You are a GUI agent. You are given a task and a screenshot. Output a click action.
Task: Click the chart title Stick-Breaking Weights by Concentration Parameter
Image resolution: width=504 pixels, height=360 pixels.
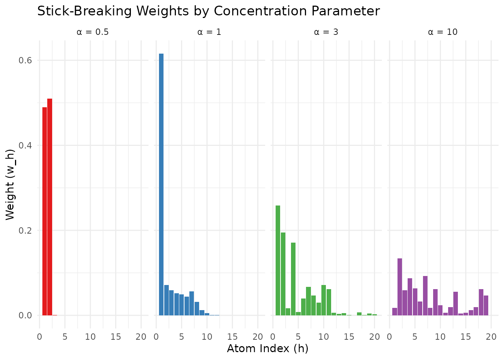point(208,11)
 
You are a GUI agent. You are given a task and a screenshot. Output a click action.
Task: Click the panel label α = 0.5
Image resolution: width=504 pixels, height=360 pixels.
point(93,32)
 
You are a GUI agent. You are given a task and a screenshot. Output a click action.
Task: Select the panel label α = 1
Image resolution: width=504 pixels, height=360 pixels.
point(209,32)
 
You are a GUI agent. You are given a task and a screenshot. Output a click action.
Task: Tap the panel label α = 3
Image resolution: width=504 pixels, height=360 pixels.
point(326,32)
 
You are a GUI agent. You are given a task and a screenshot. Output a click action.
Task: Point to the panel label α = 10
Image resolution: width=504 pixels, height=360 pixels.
point(442,32)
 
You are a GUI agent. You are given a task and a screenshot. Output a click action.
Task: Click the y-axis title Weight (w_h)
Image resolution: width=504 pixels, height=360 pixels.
point(10,184)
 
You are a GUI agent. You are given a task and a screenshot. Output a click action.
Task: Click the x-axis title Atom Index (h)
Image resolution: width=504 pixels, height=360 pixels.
point(267,349)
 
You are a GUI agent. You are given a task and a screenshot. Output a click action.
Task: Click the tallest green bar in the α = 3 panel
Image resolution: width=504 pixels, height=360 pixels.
point(278,260)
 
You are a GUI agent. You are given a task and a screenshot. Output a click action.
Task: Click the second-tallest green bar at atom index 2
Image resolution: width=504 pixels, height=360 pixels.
point(283,274)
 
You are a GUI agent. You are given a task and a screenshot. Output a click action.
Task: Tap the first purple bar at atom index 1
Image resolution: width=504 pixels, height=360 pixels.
point(394,312)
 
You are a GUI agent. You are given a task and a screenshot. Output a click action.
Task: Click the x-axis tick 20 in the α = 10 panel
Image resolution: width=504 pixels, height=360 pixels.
point(491,337)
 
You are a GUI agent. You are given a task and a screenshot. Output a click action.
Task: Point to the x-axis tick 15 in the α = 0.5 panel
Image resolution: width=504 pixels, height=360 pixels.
point(116,337)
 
